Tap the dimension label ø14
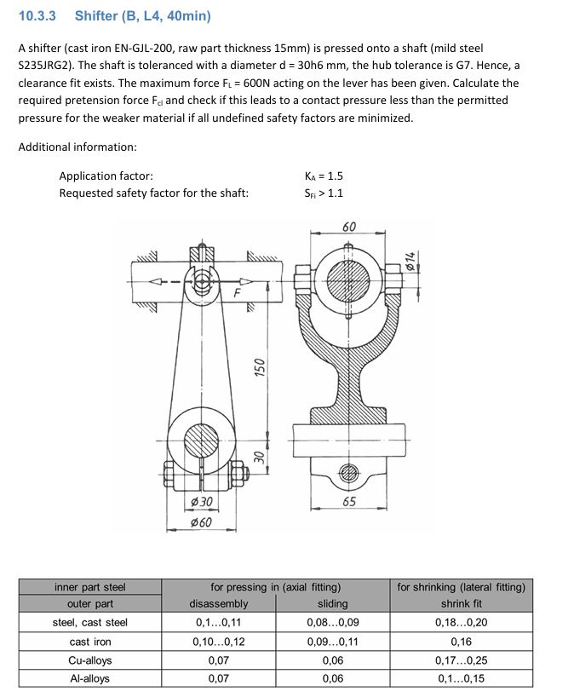pyautogui.click(x=410, y=262)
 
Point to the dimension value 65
pyautogui.click(x=349, y=502)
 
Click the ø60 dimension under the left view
pyautogui.click(x=200, y=521)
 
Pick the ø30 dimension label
pyautogui.click(x=200, y=502)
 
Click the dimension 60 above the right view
pyautogui.click(x=349, y=228)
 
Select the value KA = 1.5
pyautogui.click(x=324, y=176)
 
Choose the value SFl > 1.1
pyautogui.click(x=324, y=193)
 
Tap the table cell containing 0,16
pyautogui.click(x=461, y=642)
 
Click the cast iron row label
pyautogui.click(x=90, y=642)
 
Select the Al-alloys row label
pyautogui.click(x=90, y=678)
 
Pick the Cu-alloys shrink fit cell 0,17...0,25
pyautogui.click(x=461, y=660)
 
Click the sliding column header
pyautogui.click(x=332, y=604)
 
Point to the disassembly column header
pyautogui.click(x=219, y=604)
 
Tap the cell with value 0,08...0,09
pyautogui.click(x=332, y=623)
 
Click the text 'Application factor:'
pyautogui.click(x=106, y=176)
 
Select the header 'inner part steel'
pyautogui.click(x=90, y=586)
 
